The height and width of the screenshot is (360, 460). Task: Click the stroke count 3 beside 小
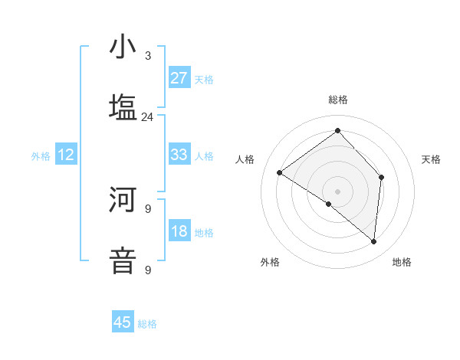[148, 56]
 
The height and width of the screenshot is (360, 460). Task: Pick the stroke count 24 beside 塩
[147, 116]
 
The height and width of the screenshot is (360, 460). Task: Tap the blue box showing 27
[179, 78]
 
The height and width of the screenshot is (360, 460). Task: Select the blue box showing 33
[179, 155]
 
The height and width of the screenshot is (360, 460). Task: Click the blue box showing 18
[179, 231]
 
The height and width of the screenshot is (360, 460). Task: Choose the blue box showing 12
[66, 155]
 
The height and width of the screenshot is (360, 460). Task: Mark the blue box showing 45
[123, 322]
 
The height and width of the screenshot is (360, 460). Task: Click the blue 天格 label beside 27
[204, 80]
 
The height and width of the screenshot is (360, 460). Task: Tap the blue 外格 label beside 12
[41, 156]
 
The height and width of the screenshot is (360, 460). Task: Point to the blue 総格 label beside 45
[147, 324]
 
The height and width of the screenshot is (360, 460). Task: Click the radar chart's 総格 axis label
[337, 100]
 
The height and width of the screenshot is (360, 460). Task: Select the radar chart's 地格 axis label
[402, 263]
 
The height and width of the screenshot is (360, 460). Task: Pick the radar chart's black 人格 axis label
[245, 159]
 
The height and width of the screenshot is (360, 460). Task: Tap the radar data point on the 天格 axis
[381, 178]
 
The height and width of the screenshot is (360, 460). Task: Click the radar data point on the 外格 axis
[329, 205]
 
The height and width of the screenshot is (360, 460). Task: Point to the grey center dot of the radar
[337, 191]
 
